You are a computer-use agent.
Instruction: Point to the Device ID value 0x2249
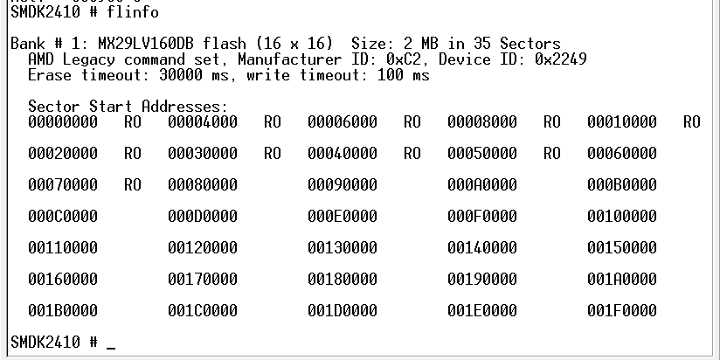(x=560, y=59)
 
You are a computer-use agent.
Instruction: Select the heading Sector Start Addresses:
(x=128, y=107)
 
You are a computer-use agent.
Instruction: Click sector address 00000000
(x=63, y=122)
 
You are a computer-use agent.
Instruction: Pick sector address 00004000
(x=203, y=122)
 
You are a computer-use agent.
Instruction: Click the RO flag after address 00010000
(x=691, y=122)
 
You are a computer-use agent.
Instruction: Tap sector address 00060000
(x=622, y=154)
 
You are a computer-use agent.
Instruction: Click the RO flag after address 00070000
(x=133, y=185)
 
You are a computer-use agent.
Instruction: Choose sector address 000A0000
(x=482, y=185)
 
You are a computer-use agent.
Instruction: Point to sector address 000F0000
(x=482, y=217)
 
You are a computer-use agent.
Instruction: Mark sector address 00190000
(x=482, y=280)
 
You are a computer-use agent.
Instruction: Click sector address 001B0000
(x=63, y=311)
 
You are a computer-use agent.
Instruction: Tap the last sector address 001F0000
(x=622, y=311)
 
